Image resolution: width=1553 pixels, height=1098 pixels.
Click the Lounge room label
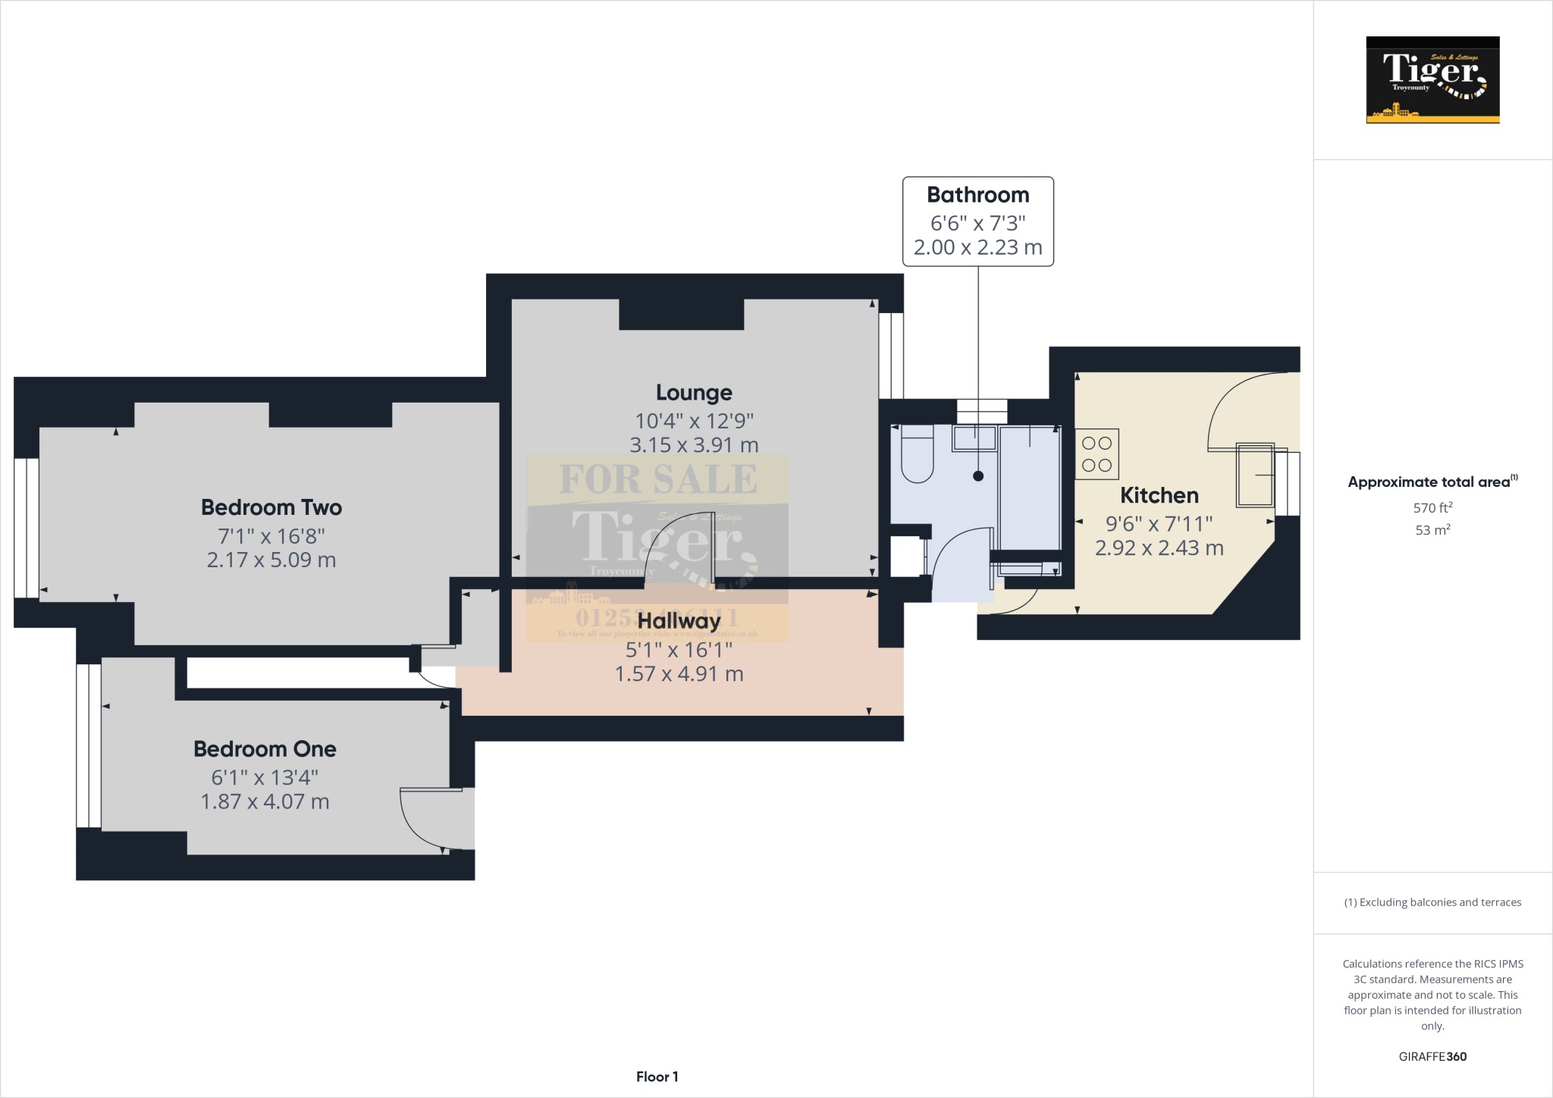[x=694, y=393]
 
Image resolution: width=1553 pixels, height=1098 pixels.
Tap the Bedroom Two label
[x=271, y=507]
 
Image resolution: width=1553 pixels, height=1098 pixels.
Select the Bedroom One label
[x=265, y=749]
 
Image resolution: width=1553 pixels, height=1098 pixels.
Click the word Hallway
[x=679, y=621]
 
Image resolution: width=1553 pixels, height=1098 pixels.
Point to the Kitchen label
[x=1159, y=496]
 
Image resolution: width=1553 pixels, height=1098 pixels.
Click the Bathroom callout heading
[x=977, y=196]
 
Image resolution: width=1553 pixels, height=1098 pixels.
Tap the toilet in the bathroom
[x=917, y=454]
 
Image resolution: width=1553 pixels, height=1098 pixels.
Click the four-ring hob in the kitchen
[x=1097, y=454]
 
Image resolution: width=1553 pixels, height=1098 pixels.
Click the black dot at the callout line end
[x=978, y=476]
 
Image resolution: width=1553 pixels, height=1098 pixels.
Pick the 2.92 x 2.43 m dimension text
[x=1159, y=548]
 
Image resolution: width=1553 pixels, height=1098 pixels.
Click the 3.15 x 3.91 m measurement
[x=694, y=445]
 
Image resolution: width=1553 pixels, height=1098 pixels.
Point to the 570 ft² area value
[x=1432, y=507]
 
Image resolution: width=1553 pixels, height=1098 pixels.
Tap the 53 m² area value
[x=1432, y=530]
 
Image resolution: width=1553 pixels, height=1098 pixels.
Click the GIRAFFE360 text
[x=1432, y=1056]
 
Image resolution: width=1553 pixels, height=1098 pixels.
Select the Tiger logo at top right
[x=1432, y=80]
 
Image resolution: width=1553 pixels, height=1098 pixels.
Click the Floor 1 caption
[x=657, y=1077]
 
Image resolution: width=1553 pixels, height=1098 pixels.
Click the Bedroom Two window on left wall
[x=27, y=528]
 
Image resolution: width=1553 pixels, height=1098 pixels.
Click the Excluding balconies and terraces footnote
[x=1432, y=902]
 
